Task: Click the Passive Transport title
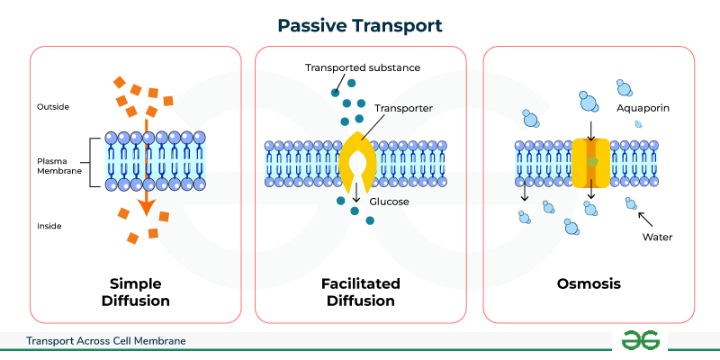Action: coord(360,24)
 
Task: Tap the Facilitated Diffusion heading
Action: coord(360,292)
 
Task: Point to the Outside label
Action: coord(53,107)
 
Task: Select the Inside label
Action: coord(49,225)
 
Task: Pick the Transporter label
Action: coord(404,108)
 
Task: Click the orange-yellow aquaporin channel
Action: coord(590,162)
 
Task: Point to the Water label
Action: coord(657,238)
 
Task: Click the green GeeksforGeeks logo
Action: coord(640,339)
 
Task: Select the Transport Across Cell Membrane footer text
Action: coord(106,341)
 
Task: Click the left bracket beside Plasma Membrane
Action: coord(93,163)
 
